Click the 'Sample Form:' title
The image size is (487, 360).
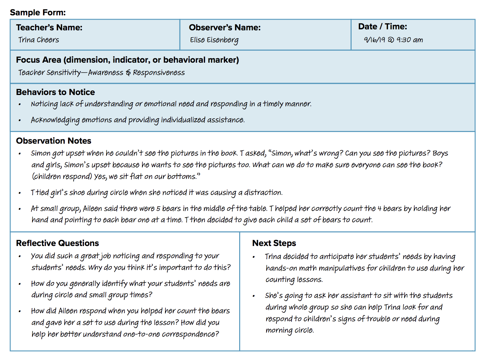pos(38,13)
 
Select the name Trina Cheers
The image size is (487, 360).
pos(39,40)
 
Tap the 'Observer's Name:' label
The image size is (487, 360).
pos(224,27)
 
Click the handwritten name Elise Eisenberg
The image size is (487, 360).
pos(214,40)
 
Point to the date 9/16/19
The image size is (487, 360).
pos(374,40)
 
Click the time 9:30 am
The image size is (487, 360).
pos(410,40)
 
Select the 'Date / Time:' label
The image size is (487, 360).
pos(382,27)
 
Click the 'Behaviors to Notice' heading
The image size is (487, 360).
pos(55,92)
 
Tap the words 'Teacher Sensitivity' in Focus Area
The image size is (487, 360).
pos(49,73)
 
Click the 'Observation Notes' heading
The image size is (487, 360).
pos(53,141)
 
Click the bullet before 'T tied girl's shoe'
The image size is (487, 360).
pos(20,193)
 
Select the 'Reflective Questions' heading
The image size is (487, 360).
pos(57,243)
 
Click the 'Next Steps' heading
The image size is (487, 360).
pos(274,243)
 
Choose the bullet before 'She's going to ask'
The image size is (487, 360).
pos(254,296)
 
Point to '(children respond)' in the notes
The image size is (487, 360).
pos(62,177)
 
